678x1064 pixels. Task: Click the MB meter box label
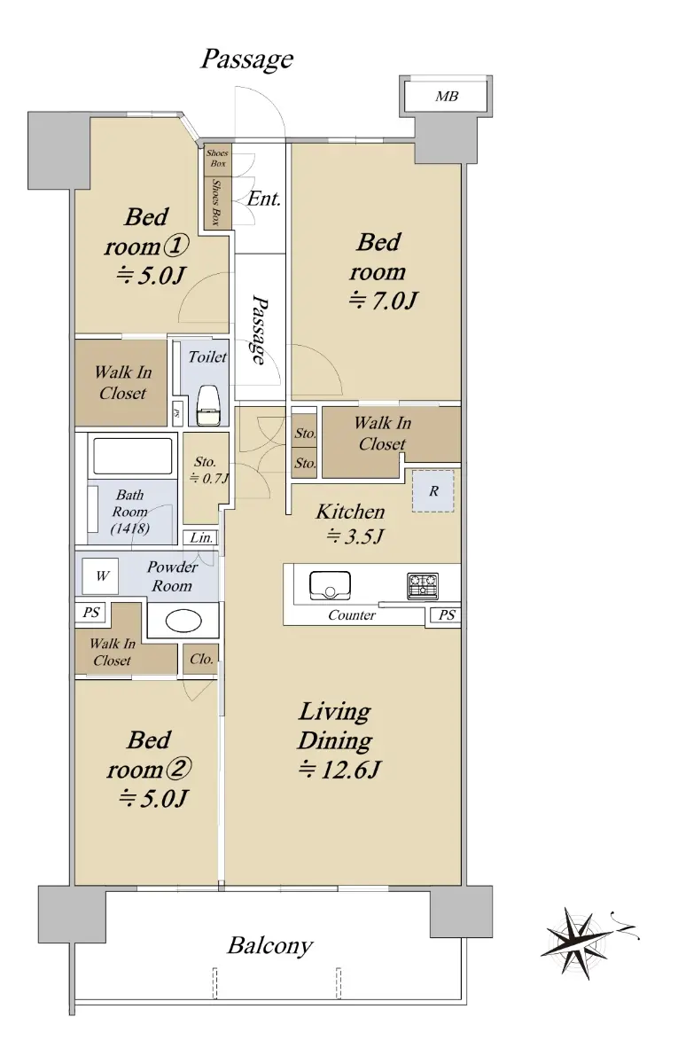pos(447,97)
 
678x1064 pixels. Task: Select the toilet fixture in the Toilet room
pos(208,405)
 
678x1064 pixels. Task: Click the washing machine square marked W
pos(100,576)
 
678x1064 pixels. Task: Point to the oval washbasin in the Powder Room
pos(183,621)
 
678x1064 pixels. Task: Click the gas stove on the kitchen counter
pos(423,586)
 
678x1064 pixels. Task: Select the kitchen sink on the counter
pos(330,585)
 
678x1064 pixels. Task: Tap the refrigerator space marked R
pos(433,490)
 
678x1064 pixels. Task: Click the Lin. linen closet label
pos(201,537)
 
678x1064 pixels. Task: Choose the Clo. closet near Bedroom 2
pos(201,659)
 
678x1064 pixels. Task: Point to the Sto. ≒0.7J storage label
pos(207,470)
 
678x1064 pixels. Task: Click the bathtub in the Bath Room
pos(132,456)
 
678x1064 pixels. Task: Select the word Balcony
pos(270,945)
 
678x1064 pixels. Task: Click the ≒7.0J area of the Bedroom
pos(383,301)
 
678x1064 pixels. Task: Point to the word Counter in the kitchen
pos(352,615)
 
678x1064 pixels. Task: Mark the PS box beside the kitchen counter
pos(447,615)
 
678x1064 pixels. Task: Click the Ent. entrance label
pos(264,199)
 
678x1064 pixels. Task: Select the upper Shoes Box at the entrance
pos(218,158)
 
